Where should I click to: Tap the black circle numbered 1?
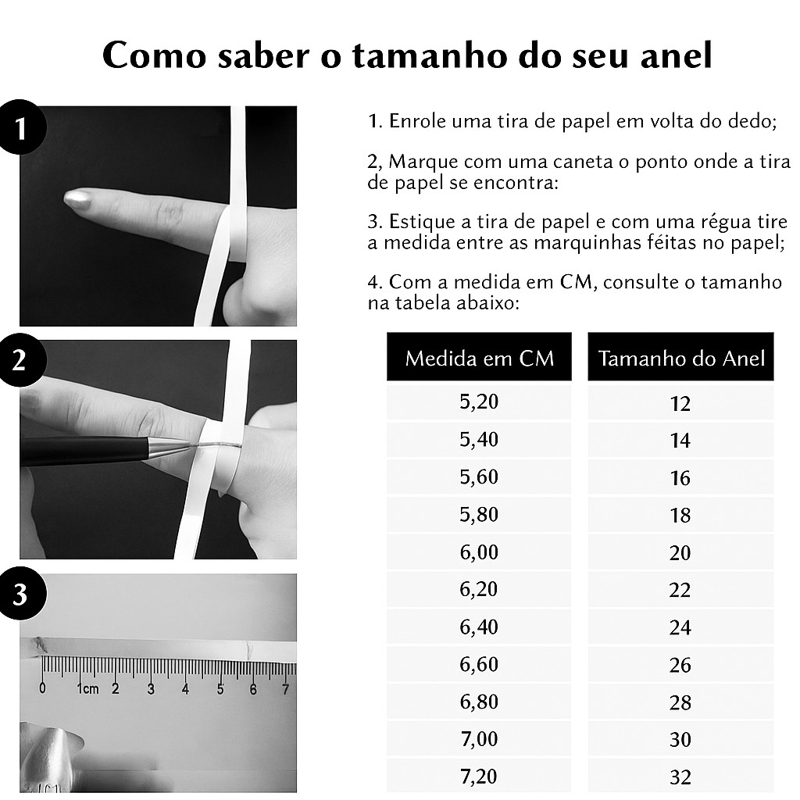20,127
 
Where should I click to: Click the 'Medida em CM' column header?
479,357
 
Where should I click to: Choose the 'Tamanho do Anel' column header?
680,357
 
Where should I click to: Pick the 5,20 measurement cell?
479,402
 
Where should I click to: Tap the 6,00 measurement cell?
479,552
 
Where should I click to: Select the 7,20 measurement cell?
479,776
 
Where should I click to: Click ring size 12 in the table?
680,404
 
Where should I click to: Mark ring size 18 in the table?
680,516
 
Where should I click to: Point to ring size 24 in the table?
680,627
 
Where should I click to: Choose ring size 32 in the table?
680,777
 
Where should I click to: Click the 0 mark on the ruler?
42,687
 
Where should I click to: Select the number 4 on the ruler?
185,689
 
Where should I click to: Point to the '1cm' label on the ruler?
87,689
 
